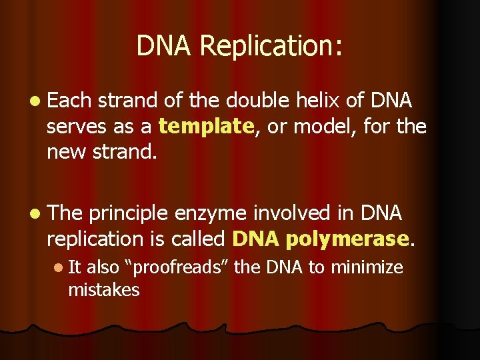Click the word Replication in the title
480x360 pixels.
pyautogui.click(x=271, y=47)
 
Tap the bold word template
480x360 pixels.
pyautogui.click(x=207, y=126)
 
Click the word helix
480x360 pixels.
pyautogui.click(x=316, y=101)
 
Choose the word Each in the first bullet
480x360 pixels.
pyautogui.click(x=69, y=101)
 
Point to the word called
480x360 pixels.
pyautogui.click(x=198, y=238)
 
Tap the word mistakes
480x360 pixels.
pyautogui.click(x=104, y=290)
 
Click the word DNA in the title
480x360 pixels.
pyautogui.click(x=165, y=47)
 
